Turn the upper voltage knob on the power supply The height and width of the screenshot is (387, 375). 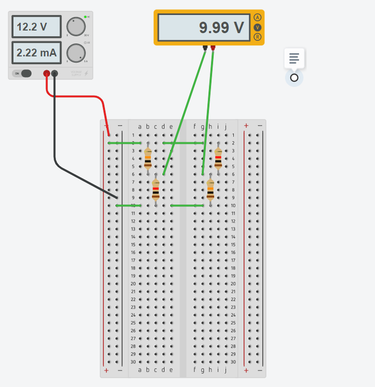(76, 26)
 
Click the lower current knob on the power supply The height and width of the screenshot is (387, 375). (76, 53)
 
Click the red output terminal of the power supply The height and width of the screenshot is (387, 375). (47, 73)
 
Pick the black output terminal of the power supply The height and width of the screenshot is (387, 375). (54, 73)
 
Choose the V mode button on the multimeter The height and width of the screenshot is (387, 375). (258, 27)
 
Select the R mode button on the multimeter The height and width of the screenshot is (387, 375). (258, 37)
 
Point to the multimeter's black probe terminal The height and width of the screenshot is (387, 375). (205, 48)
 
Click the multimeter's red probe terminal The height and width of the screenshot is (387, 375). (213, 48)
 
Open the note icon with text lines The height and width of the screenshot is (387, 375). (294, 58)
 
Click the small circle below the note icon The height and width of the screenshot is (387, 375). (294, 78)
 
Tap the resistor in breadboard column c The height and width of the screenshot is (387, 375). (156, 190)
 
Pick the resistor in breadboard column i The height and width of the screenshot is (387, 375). (218, 159)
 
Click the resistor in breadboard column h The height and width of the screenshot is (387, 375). (211, 190)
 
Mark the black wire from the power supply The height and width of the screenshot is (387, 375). (55, 140)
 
